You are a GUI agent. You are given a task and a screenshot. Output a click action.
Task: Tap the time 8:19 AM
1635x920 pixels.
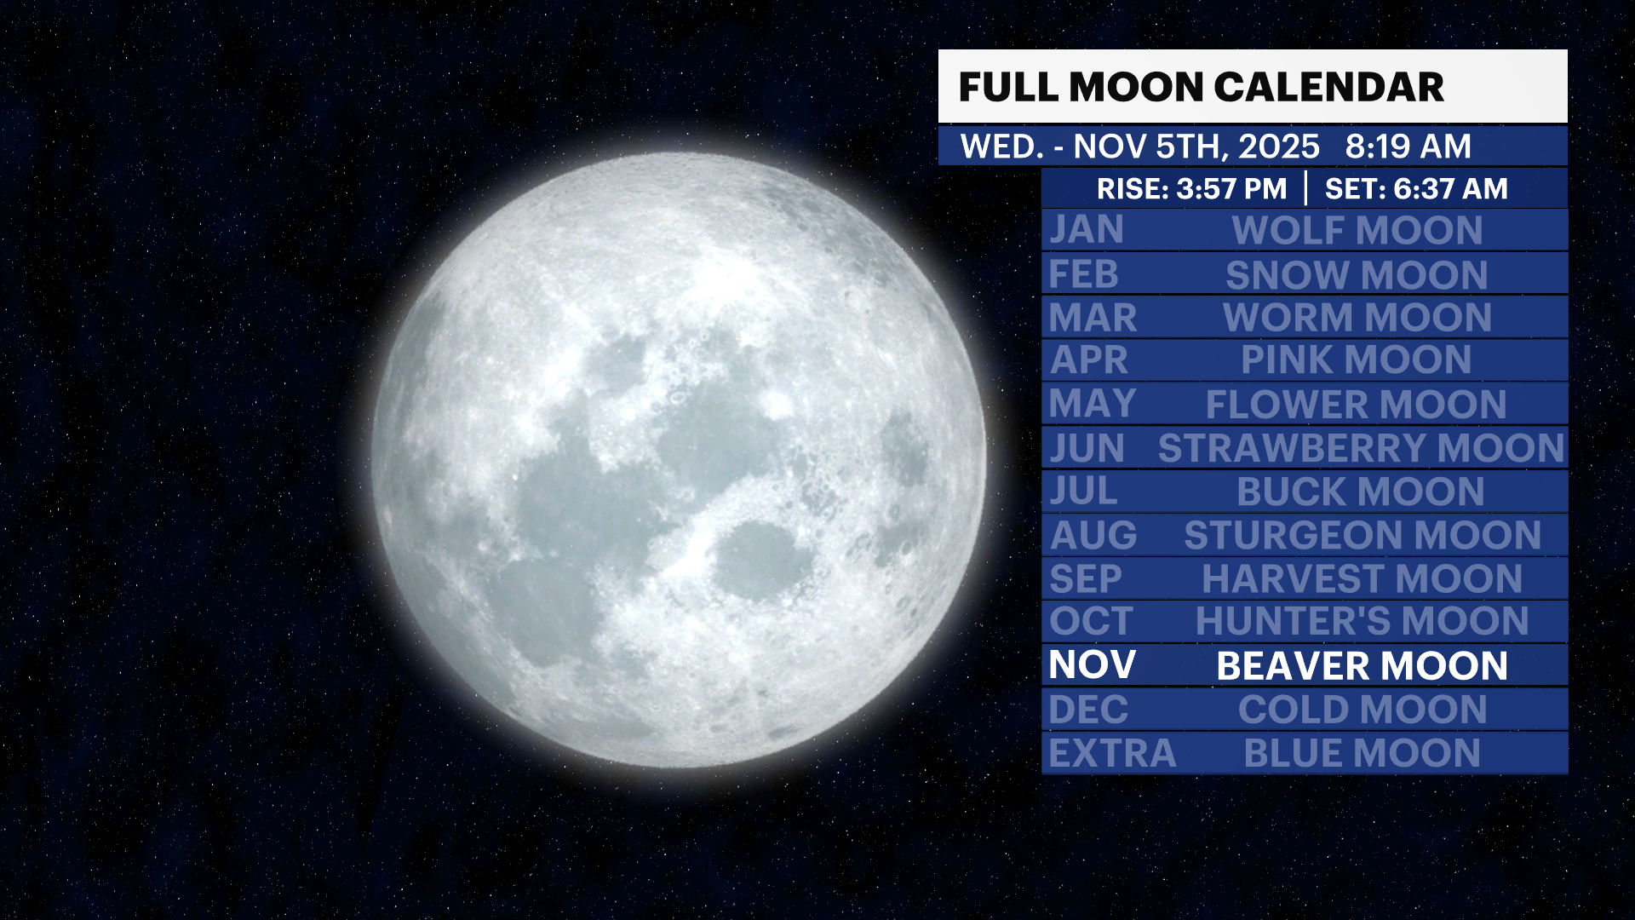1408,147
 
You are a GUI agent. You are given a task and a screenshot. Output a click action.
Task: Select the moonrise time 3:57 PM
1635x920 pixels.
1231,188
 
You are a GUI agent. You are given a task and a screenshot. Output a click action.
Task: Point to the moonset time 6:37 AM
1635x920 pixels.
1450,188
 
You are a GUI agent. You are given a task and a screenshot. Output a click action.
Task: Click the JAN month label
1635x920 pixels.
1087,230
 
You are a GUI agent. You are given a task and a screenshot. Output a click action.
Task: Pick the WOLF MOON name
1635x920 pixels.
1357,231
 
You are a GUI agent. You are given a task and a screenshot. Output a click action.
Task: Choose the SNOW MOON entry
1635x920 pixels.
1357,275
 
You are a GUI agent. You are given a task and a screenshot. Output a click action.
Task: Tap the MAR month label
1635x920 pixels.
1093,318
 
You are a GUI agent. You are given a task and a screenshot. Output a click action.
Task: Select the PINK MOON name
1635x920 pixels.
1357,360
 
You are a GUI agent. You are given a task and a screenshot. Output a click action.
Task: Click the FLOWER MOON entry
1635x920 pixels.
1357,405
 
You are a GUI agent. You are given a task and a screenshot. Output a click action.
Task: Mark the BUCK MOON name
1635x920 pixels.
1361,492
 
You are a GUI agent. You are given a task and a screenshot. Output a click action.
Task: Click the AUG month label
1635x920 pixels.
1093,536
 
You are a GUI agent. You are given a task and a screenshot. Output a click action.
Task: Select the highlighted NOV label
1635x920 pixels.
1093,665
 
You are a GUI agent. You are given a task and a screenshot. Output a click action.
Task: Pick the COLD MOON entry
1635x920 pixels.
1362,710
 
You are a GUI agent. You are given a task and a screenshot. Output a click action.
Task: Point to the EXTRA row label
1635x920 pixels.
1112,754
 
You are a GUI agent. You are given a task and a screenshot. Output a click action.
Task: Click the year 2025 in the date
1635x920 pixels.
1279,147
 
